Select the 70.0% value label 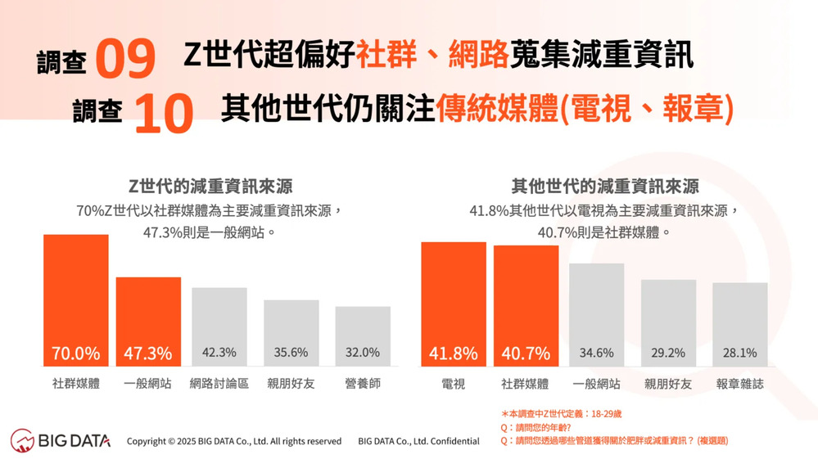(x=75, y=353)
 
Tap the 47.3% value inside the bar (x=148, y=353)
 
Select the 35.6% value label (x=291, y=353)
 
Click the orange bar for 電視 (x=453, y=303)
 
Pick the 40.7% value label (x=526, y=353)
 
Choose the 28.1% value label (x=740, y=353)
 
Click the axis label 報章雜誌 (x=740, y=383)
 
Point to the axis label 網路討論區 (x=219, y=383)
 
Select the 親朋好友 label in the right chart (x=668, y=383)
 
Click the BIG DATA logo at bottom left (x=61, y=440)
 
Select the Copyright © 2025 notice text (x=233, y=442)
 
